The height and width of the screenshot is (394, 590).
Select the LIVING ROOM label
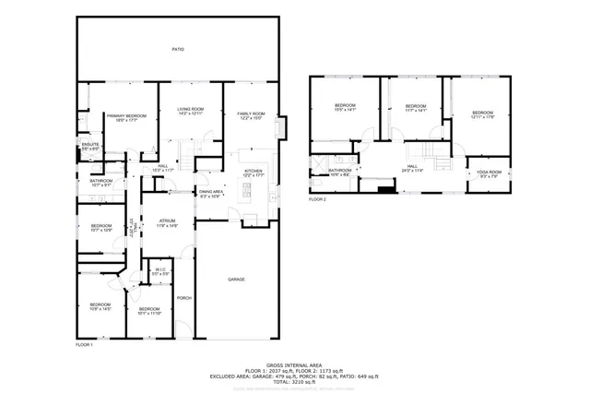[x=191, y=110]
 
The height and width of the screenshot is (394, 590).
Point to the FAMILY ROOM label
[x=251, y=113]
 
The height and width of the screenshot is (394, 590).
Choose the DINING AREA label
[x=211, y=192]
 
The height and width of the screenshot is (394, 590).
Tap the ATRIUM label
[x=167, y=221]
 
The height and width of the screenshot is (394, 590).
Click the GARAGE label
[x=237, y=279]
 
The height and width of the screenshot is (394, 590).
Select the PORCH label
[x=183, y=297]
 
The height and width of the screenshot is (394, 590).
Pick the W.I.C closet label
[x=160, y=270]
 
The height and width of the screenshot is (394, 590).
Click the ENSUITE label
[x=90, y=145]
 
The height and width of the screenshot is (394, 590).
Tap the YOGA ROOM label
[x=488, y=173]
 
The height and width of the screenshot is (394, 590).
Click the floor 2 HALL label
[x=411, y=166]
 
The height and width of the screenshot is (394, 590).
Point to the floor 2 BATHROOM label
[x=340, y=170]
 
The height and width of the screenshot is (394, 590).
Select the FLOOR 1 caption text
[x=84, y=343]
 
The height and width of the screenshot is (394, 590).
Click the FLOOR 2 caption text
[x=317, y=199]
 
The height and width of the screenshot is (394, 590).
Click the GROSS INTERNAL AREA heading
[x=294, y=364]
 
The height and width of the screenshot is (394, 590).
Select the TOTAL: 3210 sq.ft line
[x=294, y=381]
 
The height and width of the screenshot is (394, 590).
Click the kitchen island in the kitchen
[x=246, y=191]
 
